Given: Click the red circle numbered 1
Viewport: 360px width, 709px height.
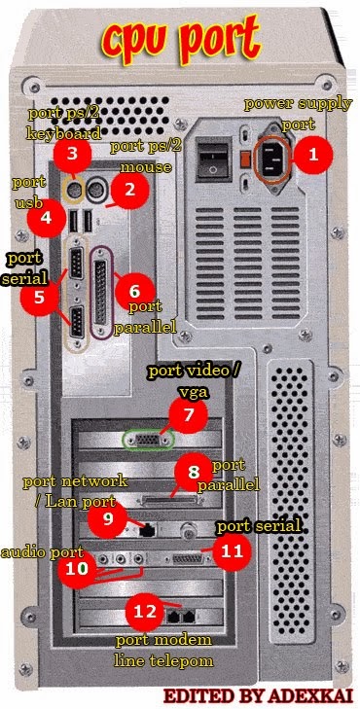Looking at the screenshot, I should tap(312, 154).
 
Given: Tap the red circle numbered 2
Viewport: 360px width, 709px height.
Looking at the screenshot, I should tap(126, 192).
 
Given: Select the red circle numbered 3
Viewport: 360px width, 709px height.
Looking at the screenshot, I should tap(73, 154).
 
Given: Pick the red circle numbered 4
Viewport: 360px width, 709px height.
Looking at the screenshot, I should tap(46, 219).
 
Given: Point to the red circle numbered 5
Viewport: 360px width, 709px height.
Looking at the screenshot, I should tap(39, 297).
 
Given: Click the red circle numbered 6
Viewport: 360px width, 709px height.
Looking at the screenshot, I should tap(135, 290).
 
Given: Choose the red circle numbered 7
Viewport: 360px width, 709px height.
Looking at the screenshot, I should tap(188, 417).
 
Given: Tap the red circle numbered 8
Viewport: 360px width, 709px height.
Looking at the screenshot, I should tap(194, 470).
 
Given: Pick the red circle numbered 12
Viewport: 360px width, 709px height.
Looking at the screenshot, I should tap(144, 612).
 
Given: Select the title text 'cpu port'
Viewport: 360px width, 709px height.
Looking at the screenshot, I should tap(181, 39).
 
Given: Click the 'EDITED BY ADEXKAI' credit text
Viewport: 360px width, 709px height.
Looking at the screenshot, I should tap(258, 696).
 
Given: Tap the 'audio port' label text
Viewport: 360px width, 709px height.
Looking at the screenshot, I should tap(41, 551).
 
